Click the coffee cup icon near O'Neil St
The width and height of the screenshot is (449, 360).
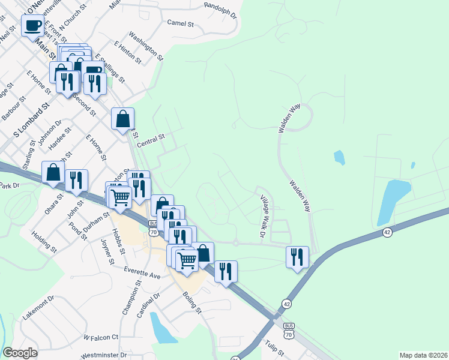tap(33, 26)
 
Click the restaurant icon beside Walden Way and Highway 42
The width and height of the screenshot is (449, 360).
tap(297, 257)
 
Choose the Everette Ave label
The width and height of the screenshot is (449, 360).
tap(143, 273)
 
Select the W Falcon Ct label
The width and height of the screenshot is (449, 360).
tap(101, 338)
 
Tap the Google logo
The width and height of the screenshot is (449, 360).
tap(20, 353)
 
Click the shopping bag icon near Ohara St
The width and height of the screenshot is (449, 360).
tap(53, 172)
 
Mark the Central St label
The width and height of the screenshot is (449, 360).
tap(151, 142)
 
